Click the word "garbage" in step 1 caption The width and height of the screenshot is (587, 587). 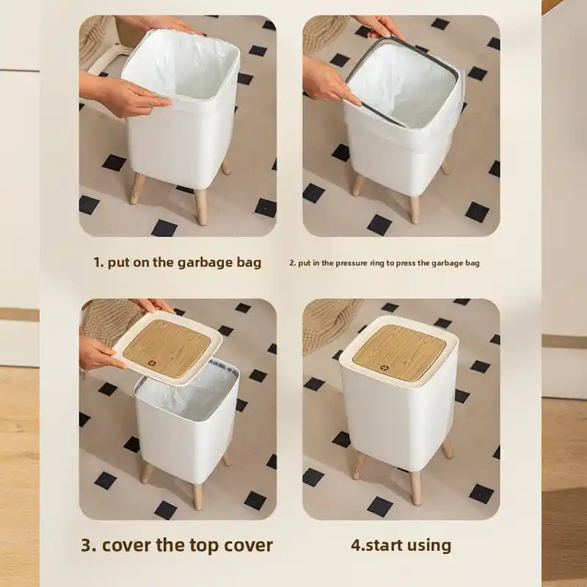(205, 263)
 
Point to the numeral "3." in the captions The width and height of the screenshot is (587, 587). (89, 545)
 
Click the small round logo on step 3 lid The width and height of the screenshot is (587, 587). (152, 362)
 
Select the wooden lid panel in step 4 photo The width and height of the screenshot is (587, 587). (399, 351)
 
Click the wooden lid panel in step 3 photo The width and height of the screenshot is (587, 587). (167, 348)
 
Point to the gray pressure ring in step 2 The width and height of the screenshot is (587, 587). (401, 81)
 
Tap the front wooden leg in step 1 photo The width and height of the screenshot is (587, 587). (201, 207)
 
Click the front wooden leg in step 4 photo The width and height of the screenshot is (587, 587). (415, 488)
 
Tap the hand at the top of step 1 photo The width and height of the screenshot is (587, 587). (161, 25)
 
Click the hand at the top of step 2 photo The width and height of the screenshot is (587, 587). (379, 27)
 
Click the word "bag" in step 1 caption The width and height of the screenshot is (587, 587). (249, 263)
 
